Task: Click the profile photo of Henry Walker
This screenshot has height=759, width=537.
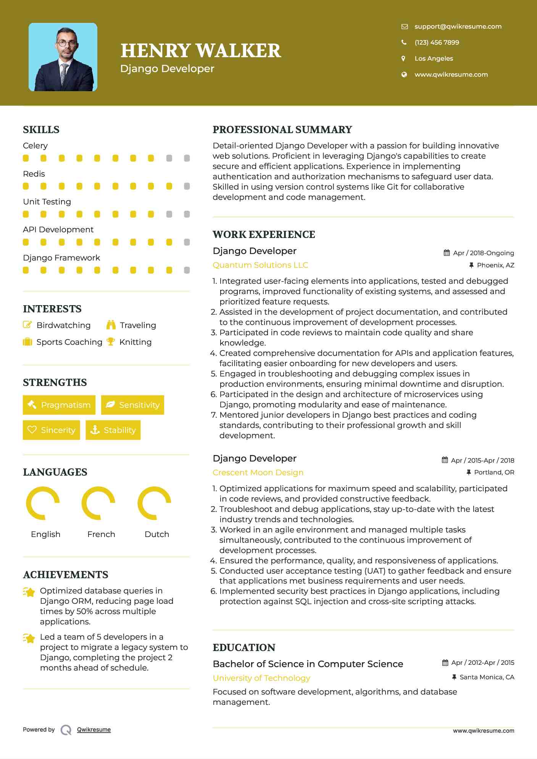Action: coord(63,57)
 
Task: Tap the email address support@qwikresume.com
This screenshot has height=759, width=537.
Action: coord(458,27)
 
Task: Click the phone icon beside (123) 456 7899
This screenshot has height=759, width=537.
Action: coord(404,42)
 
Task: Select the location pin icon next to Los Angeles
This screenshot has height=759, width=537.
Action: coord(404,58)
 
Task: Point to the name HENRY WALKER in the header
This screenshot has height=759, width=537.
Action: coord(201,51)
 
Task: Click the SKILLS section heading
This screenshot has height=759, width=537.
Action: coord(41,130)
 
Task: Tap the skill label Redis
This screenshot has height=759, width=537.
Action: coord(34,174)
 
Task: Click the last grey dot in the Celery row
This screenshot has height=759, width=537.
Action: coord(187,158)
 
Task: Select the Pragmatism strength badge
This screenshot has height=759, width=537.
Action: coord(59,405)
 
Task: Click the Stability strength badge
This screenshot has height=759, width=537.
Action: coord(113,430)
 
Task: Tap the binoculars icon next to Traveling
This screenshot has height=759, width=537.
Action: coord(111,325)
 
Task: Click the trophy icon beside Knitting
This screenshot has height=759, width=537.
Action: coord(111,342)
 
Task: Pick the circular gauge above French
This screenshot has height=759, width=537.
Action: coord(98,503)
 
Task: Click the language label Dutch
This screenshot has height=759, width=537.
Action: coord(157,534)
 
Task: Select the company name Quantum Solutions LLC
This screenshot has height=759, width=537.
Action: coord(260,265)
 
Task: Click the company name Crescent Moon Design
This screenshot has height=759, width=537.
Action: coord(258,473)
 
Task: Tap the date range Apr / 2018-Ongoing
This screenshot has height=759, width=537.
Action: coord(483,253)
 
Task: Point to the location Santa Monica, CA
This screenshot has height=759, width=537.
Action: coord(487,677)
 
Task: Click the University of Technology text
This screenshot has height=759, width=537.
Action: coord(261,678)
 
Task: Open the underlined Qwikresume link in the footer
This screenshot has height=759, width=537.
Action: coord(94,730)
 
